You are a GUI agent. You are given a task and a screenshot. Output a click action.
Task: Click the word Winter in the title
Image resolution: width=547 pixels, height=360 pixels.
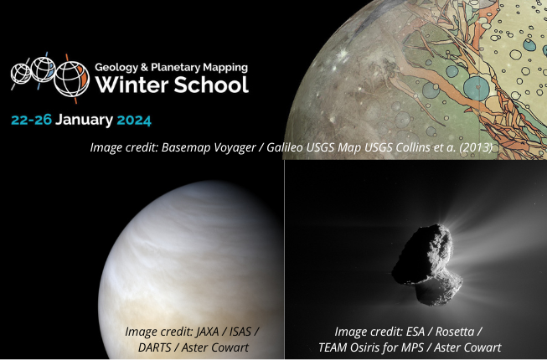click(x=132, y=85)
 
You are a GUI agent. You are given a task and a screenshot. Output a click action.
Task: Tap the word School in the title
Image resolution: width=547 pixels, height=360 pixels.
click(x=211, y=85)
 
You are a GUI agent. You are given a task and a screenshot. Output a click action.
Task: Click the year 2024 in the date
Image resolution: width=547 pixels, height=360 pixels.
click(x=134, y=121)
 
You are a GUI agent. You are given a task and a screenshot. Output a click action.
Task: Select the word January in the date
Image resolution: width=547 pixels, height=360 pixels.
click(x=84, y=121)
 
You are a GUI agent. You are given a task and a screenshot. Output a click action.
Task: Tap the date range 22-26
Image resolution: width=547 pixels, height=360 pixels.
click(x=31, y=121)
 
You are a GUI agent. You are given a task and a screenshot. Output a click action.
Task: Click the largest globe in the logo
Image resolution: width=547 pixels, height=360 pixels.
click(x=72, y=79)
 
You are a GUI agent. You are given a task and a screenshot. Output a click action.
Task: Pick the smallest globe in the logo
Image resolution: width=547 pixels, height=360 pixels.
click(x=21, y=74)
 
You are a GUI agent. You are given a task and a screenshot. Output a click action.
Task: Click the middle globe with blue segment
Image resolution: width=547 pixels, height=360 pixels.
click(x=43, y=69)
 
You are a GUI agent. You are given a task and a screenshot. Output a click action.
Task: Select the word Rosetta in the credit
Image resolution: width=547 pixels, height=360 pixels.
click(x=455, y=332)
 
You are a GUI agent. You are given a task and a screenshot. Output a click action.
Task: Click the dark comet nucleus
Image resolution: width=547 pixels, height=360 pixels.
click(x=426, y=265)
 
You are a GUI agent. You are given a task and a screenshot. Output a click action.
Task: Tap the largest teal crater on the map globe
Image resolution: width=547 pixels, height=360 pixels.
click(x=476, y=89)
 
